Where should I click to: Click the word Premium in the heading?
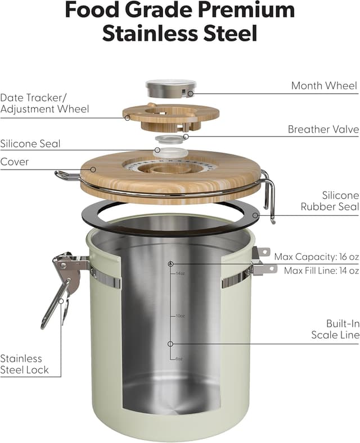tap(246, 10)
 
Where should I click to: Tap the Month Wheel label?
tap(325, 85)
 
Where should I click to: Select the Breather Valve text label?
tap(323, 129)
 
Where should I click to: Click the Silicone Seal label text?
tap(30, 144)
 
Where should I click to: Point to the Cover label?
tap(15, 162)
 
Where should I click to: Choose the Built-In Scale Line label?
tap(335, 329)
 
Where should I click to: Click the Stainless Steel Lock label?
tap(24, 364)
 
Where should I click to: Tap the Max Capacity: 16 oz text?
tap(317, 257)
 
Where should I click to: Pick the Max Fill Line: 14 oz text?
tap(322, 271)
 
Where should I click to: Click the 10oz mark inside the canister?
tap(180, 316)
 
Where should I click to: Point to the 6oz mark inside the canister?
tap(179, 359)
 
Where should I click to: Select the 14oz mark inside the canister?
tap(180, 273)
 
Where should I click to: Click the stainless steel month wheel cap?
tap(171, 88)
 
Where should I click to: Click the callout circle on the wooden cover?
tap(93, 170)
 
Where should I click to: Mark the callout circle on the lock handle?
tap(61, 301)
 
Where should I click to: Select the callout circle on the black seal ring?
tap(255, 215)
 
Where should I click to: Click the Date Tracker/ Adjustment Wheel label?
tap(44, 103)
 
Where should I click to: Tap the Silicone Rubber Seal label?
tap(330, 201)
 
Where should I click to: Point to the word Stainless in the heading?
tap(150, 33)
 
